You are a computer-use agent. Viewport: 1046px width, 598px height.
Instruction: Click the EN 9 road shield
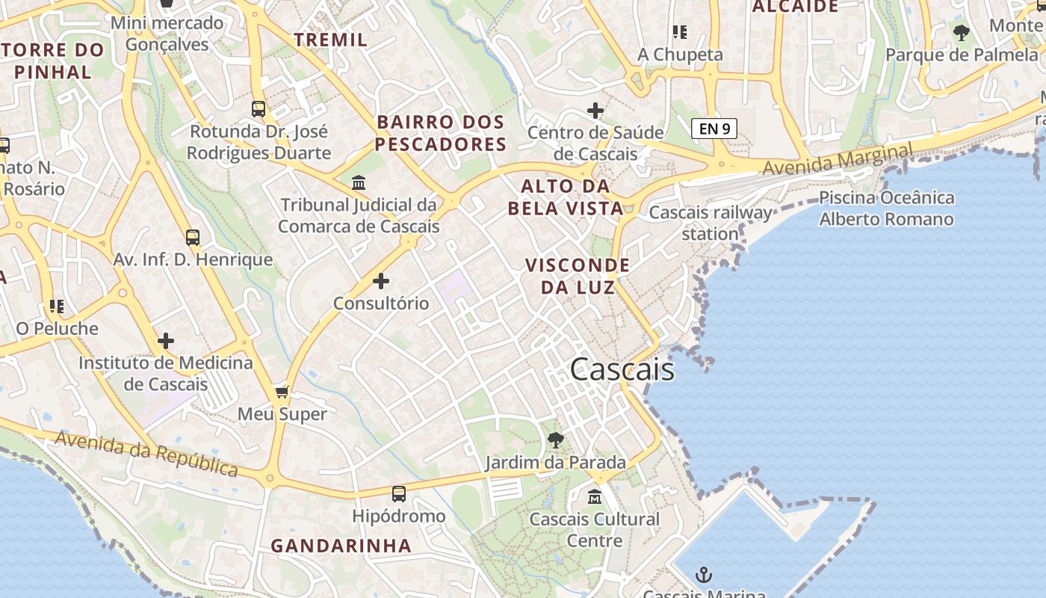714,129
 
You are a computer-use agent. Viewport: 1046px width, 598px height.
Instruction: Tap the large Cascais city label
622,369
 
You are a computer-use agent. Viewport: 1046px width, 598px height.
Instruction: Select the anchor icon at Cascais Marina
704,575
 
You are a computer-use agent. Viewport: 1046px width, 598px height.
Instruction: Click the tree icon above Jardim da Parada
555,440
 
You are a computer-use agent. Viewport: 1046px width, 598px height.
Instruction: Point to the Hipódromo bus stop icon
399,493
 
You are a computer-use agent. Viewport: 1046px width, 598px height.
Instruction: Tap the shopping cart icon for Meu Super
282,392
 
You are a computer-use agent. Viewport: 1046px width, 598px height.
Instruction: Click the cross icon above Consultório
381,281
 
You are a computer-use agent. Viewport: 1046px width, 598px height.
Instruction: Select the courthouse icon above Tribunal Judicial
359,182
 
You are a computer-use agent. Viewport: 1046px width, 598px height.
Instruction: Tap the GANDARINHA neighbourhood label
341,546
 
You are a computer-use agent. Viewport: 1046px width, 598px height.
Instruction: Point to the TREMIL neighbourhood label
331,40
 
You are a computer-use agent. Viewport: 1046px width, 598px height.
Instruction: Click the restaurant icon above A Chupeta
679,31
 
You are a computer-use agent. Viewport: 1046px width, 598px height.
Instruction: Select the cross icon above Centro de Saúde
595,111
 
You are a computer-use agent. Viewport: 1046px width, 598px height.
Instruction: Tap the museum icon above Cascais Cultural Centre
595,496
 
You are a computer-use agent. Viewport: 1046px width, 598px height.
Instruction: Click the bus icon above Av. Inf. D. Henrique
193,238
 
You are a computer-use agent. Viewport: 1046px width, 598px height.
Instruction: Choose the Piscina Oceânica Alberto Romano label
886,209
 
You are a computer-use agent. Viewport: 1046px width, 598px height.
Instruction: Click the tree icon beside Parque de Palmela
962,32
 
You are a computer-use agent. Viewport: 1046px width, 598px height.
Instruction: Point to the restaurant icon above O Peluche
57,306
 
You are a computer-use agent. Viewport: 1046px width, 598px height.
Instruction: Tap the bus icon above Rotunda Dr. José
259,109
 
